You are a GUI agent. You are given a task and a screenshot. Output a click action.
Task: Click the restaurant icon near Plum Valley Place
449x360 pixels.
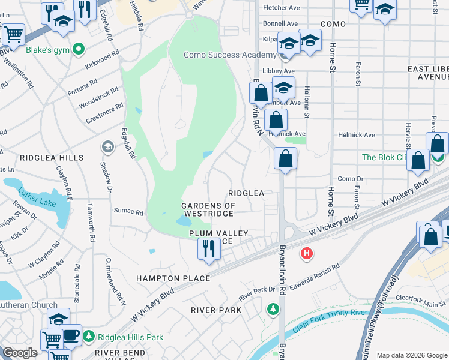[x=208, y=248]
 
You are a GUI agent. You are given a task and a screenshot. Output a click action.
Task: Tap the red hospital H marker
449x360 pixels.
[x=307, y=254]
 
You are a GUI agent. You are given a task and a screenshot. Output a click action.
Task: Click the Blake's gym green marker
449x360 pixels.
[x=78, y=49]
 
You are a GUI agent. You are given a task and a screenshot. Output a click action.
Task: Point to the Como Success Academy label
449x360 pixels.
[x=230, y=55]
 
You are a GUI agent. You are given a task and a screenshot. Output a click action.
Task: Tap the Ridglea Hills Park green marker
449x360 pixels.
[x=89, y=335]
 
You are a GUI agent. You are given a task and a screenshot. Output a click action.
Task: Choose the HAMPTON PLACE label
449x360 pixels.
[x=173, y=278]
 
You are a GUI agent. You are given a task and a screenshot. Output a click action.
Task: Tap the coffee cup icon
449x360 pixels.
[x=71, y=334]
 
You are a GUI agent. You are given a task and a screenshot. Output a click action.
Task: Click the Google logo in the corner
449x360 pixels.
[x=20, y=353]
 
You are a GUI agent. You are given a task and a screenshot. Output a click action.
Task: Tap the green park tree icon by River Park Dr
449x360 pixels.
[x=273, y=308]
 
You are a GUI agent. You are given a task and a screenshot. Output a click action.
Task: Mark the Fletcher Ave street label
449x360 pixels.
[x=282, y=8]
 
